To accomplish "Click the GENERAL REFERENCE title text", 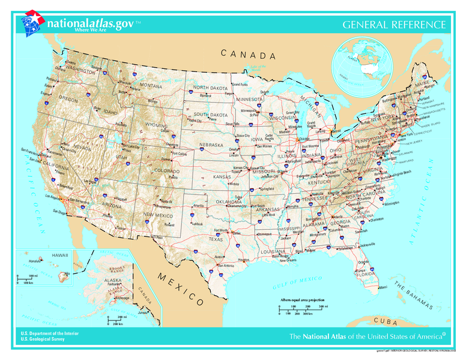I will pyautogui.click(x=394, y=25).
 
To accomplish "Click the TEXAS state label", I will pyautogui.click(x=216, y=239).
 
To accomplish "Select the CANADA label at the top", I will pyautogui.click(x=248, y=55).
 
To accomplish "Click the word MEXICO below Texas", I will pyautogui.click(x=181, y=286).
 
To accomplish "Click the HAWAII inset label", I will pyautogui.click(x=60, y=255).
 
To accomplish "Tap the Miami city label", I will pyautogui.click(x=383, y=287).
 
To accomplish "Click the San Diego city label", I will pyautogui.click(x=59, y=212).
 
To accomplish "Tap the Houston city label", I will pyautogui.click(x=243, y=260).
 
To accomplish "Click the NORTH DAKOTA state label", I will pyautogui.click(x=210, y=88).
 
